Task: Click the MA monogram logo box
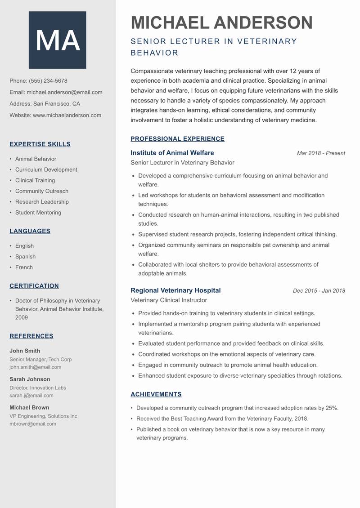click(x=58, y=40)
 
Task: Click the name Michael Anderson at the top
click(x=221, y=22)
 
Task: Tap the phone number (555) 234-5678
click(x=48, y=81)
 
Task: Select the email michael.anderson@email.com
click(x=64, y=92)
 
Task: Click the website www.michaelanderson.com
click(x=67, y=115)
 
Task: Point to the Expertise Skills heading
click(x=40, y=144)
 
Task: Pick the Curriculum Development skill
click(x=46, y=169)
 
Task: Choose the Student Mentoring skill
click(x=38, y=213)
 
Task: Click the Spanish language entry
click(x=25, y=257)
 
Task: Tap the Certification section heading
click(x=34, y=286)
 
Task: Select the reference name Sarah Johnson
click(x=30, y=379)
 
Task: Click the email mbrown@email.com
click(x=33, y=423)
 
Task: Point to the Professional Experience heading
click(x=177, y=139)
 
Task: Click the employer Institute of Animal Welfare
click(x=172, y=153)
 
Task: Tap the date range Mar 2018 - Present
click(x=321, y=153)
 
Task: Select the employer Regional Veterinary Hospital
click(x=175, y=290)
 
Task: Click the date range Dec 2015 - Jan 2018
click(x=319, y=291)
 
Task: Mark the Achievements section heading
click(x=156, y=394)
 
